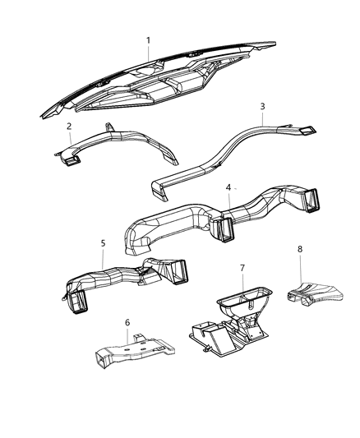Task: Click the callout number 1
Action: click(x=148, y=40)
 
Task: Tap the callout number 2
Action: click(x=69, y=127)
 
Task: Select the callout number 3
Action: click(x=262, y=107)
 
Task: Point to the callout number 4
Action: click(x=228, y=187)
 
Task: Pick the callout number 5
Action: click(x=103, y=243)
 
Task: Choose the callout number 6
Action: click(x=127, y=323)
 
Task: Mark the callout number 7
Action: click(x=242, y=268)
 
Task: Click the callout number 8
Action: click(x=300, y=249)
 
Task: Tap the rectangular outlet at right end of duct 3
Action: click(x=307, y=131)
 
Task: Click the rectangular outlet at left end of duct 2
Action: click(x=72, y=160)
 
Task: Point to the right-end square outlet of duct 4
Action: click(x=312, y=200)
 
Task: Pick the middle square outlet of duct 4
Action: click(x=224, y=229)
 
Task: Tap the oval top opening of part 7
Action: click(x=245, y=297)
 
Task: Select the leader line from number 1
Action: click(x=148, y=53)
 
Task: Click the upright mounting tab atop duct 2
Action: click(x=108, y=127)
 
